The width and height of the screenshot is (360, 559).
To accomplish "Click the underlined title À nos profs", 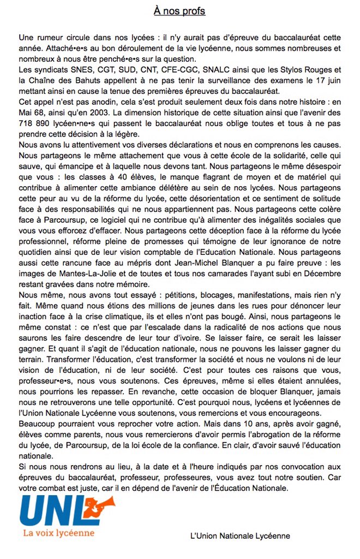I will coord(179,11).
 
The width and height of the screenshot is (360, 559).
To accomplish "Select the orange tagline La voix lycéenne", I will coord(58,533).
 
